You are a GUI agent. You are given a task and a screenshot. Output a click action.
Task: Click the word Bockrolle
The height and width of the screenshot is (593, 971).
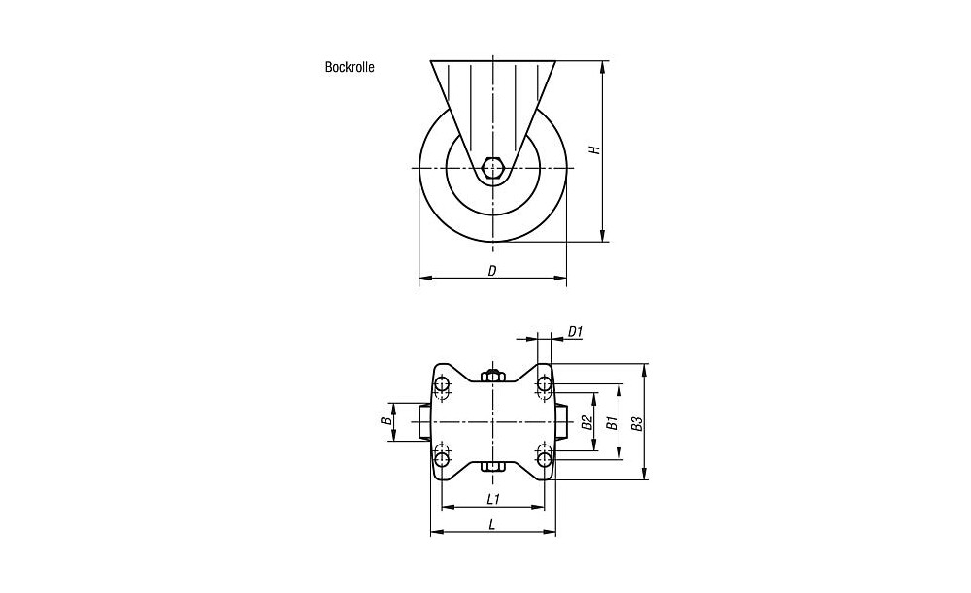click(x=350, y=67)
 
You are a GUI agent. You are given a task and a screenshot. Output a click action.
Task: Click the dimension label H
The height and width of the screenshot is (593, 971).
click(x=595, y=149)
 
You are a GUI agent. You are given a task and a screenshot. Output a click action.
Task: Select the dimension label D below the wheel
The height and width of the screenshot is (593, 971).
click(x=492, y=271)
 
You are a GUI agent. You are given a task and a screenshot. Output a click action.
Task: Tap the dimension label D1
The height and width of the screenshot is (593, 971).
click(x=575, y=332)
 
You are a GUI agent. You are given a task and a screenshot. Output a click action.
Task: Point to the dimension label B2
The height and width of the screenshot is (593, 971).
click(x=587, y=422)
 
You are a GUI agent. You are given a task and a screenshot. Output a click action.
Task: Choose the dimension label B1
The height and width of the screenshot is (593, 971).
click(x=612, y=423)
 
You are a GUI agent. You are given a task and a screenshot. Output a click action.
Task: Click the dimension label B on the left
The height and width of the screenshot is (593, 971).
click(x=385, y=421)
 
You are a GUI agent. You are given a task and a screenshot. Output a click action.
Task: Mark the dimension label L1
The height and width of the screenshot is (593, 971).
click(x=493, y=498)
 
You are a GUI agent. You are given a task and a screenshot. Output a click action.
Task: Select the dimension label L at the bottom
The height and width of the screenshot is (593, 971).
click(x=492, y=525)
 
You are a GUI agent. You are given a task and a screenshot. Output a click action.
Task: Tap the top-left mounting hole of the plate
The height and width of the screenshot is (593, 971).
click(x=442, y=385)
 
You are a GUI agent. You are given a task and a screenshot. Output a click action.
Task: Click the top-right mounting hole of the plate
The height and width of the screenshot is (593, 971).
click(x=544, y=385)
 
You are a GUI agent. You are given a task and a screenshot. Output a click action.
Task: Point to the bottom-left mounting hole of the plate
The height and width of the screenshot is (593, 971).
click(x=442, y=459)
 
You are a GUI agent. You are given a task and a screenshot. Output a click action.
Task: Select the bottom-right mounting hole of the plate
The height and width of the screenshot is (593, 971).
click(x=544, y=459)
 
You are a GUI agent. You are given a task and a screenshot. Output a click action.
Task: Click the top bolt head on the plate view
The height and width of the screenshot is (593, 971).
click(x=493, y=375)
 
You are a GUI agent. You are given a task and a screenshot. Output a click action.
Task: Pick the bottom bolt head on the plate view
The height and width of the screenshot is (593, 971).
click(x=493, y=466)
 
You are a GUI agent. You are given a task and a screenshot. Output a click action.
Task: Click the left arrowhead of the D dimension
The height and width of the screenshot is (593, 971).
click(x=424, y=278)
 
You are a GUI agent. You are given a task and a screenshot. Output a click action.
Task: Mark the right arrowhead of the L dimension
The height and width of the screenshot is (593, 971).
click(x=551, y=532)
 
